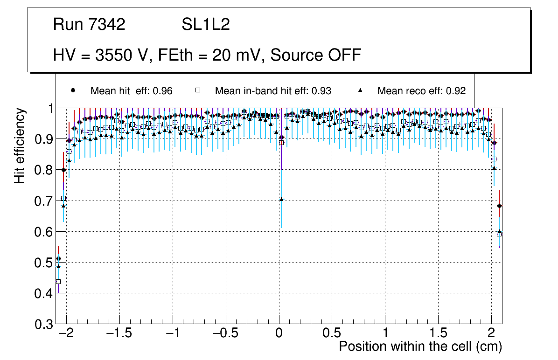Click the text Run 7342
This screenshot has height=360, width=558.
89,25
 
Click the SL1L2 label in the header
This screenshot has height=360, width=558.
206,25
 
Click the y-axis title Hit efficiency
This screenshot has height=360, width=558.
20,145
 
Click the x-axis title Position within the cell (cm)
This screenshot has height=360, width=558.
420,347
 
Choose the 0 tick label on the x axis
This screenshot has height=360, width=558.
279,334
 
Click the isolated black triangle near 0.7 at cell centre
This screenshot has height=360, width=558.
281,199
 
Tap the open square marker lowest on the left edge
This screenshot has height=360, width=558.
58,282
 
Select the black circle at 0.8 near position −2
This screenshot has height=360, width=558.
63,170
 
